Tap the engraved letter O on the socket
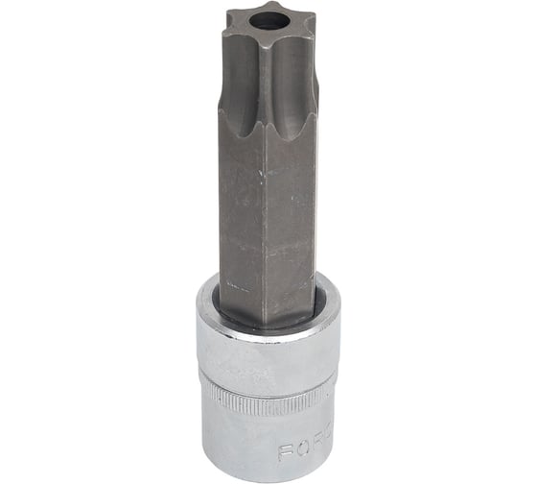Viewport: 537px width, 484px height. pos(301,447)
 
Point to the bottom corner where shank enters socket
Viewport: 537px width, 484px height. pos(268,319)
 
